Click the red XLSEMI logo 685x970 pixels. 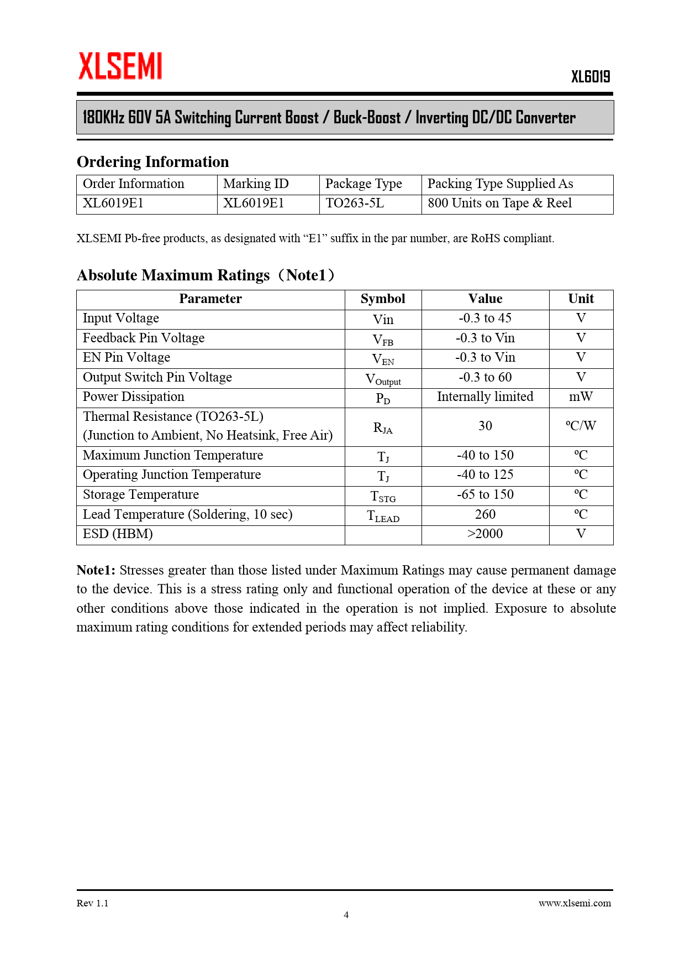click(120, 66)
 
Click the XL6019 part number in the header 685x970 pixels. click(590, 76)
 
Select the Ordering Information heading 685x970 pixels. click(152, 161)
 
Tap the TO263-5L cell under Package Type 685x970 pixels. click(355, 204)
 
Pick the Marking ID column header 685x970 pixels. click(256, 184)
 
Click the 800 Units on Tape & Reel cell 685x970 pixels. click(499, 204)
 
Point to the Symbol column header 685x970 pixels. click(383, 299)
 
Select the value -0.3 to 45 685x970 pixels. click(485, 319)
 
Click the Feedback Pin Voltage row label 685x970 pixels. click(144, 338)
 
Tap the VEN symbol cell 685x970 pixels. click(383, 359)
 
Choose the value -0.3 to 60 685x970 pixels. click(485, 378)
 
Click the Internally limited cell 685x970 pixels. click(485, 397)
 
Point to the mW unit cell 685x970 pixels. click(581, 397)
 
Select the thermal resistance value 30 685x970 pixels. click(485, 426)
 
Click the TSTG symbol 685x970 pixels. click(383, 496)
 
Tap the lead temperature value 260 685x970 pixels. click(485, 515)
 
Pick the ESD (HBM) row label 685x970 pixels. click(118, 534)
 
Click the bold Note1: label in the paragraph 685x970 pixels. click(96, 571)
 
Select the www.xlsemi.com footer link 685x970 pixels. click(575, 903)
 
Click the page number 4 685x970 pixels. click(346, 915)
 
